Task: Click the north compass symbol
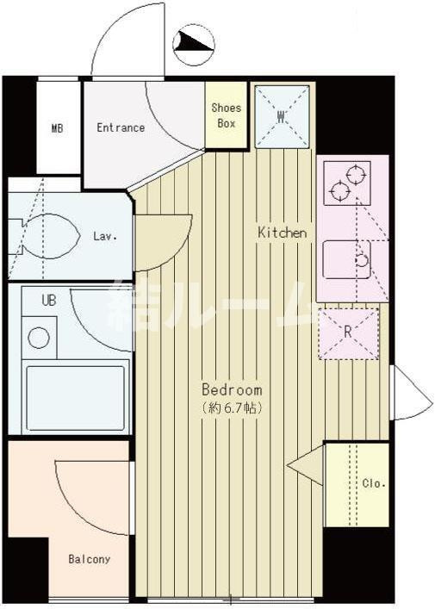pos(194,43)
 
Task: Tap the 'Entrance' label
pos(121,127)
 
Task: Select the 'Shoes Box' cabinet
pos(227,115)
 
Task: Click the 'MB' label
pos(57,127)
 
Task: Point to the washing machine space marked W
pos(282,116)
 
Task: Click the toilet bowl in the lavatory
pos(51,236)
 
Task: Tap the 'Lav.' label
pos(105,236)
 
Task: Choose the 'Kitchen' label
pos(283,233)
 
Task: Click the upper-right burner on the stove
pos(356,175)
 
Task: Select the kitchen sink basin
pos(346,259)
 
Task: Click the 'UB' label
pos(49,300)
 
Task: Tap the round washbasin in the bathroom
pos(39,338)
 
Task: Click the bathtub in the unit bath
pos(76,397)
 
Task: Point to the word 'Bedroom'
pos(232,389)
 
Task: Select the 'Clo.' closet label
pos(374,483)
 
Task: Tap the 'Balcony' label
pos(90,559)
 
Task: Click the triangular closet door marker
pos(305,465)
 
